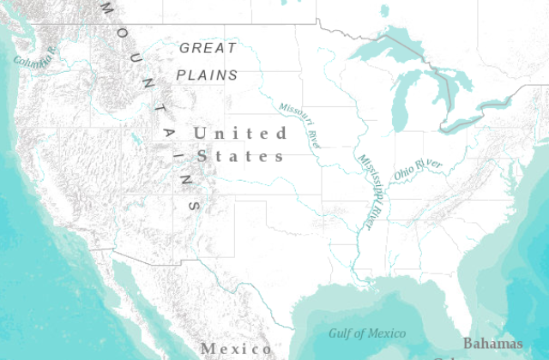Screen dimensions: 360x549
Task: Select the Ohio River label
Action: pos(418,168)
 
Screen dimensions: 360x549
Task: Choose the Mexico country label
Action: pos(236,349)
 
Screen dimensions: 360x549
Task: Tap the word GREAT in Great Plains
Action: pos(208,48)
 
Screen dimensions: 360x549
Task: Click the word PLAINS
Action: pos(207,75)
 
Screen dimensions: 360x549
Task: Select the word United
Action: pos(240,133)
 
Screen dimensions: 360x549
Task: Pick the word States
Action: pos(240,157)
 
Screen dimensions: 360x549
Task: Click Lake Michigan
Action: pos(401,103)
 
